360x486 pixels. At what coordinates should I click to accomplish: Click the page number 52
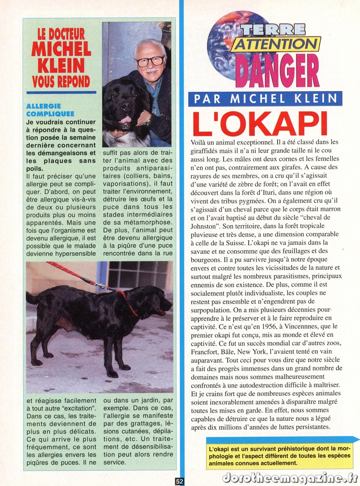179,481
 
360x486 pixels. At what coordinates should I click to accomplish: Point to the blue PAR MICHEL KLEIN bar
265,99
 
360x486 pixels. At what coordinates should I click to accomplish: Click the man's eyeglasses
150,60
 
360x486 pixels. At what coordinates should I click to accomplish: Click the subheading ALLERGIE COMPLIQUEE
50,110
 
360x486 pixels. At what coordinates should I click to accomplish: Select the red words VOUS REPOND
61,81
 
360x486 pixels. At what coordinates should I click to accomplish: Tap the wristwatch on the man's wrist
148,122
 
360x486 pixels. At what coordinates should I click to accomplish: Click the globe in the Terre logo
225,46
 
